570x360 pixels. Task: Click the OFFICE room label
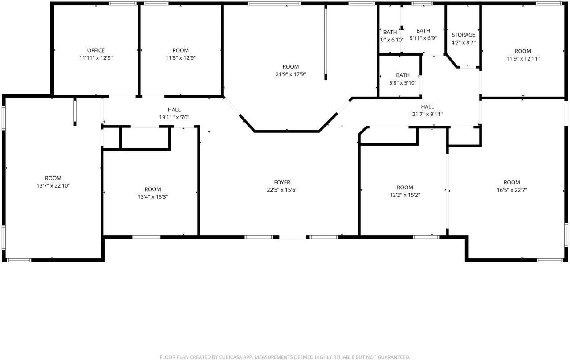click(96, 50)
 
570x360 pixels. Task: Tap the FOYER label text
click(282, 182)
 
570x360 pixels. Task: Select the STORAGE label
click(463, 35)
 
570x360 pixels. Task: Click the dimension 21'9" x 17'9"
click(291, 74)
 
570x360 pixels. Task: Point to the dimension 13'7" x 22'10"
click(53, 186)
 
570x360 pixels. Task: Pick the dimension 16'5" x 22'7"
click(512, 190)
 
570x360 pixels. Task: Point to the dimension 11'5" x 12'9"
click(180, 58)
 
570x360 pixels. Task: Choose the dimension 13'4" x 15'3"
click(153, 197)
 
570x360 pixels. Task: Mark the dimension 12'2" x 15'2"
click(405, 195)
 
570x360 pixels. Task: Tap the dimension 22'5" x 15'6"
click(282, 190)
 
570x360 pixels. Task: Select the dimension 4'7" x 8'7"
click(463, 42)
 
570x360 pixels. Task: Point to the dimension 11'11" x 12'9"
click(96, 58)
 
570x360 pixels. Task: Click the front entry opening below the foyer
click(293, 237)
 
